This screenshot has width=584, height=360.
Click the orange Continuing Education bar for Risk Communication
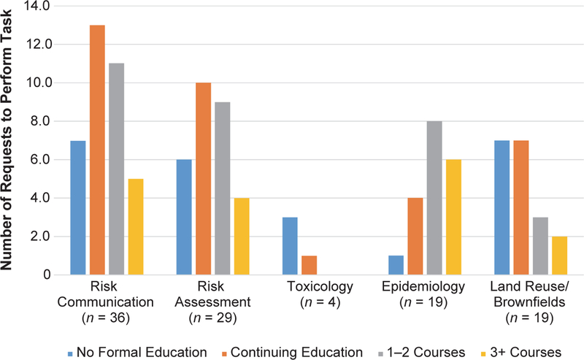(x=97, y=150)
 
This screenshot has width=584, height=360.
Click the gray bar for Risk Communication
(x=117, y=169)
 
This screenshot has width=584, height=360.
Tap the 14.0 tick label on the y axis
(x=34, y=6)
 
